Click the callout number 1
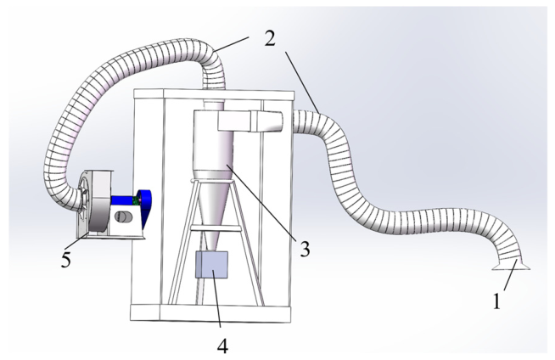click(497, 301)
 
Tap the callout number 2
click(270, 38)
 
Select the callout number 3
click(306, 249)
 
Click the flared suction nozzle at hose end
click(511, 265)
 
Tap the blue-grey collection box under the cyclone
click(211, 265)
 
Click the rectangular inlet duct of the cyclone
click(249, 121)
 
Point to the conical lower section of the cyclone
click(211, 209)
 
